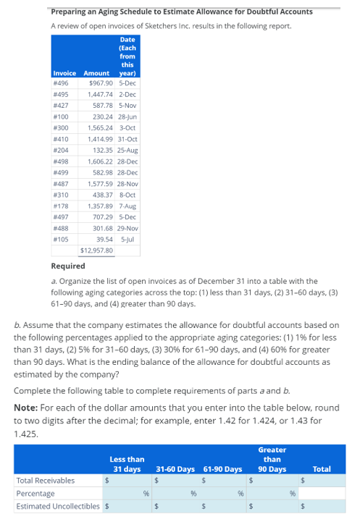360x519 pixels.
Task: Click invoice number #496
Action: (61, 83)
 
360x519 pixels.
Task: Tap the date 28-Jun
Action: (127, 116)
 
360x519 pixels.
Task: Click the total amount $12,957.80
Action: (96, 250)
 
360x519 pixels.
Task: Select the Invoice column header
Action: (64, 73)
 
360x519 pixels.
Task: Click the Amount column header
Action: (96, 73)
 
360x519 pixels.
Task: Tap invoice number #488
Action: (61, 228)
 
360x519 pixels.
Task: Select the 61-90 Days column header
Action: (222, 469)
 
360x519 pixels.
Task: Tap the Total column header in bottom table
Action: (321, 469)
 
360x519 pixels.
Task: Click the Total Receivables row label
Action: (45, 480)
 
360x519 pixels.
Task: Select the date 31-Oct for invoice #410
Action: (127, 138)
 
